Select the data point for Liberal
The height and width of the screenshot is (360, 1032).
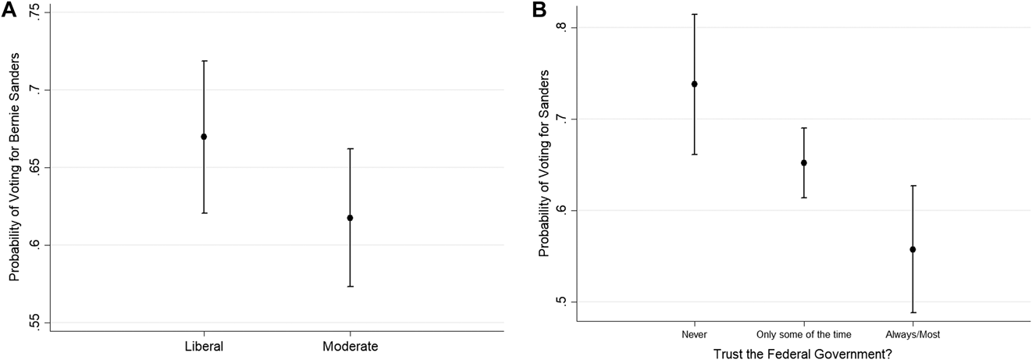coord(204,137)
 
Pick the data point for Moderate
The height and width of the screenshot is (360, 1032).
coord(350,218)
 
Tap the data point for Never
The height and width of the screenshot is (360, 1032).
coord(694,84)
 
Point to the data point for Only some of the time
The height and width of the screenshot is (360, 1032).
coord(803,162)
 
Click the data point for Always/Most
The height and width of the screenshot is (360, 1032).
coord(913,249)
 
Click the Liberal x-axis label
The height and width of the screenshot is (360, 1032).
coord(204,344)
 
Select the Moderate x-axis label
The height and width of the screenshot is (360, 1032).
coord(350,344)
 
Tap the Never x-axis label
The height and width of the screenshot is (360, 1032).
coord(694,334)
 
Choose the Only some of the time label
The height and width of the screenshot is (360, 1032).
coord(803,334)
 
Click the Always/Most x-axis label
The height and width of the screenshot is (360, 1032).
coord(913,334)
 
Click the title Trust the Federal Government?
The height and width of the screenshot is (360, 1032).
coord(803,353)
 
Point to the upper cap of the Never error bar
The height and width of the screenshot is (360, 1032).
coord(694,14)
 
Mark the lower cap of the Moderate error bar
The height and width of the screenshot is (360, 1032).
coord(350,287)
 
